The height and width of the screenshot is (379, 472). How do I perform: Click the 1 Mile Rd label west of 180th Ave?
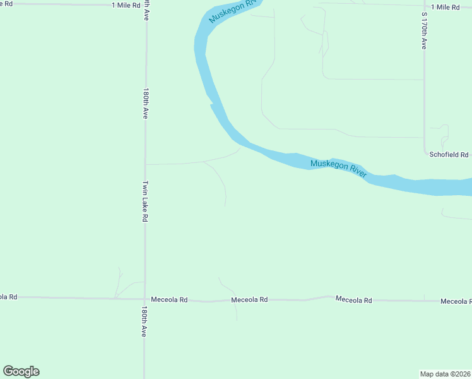(124, 5)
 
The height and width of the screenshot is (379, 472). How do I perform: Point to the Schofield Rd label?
(449, 155)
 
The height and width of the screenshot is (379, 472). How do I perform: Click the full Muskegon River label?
(338, 169)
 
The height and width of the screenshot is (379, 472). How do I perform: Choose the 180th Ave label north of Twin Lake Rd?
(146, 104)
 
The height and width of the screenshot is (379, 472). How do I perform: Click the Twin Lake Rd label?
(145, 202)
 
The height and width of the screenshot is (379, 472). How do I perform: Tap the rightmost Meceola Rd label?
(456, 301)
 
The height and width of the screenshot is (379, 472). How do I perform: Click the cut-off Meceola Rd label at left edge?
(8, 296)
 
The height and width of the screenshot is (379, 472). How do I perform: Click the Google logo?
(21, 371)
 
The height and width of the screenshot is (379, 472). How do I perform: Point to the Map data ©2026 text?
(445, 373)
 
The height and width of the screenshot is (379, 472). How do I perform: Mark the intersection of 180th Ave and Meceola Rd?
(145, 299)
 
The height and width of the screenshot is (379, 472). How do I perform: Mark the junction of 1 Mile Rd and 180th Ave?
(146, 5)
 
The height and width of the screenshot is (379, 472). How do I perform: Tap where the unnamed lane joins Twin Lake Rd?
(146, 164)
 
